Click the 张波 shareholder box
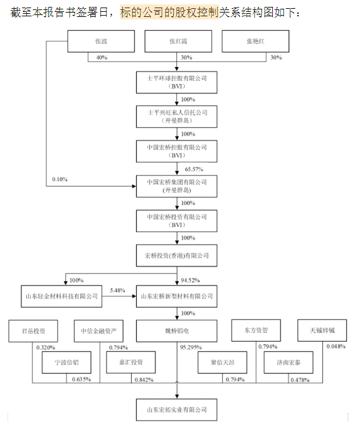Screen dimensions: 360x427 101,41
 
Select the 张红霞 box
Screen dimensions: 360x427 178,41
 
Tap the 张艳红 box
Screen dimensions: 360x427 255,41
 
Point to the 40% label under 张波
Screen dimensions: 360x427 102,58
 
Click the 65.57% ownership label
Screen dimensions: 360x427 194,169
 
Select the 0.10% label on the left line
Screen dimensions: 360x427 60,179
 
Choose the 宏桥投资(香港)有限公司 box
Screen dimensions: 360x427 177,255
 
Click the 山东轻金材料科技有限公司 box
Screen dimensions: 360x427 61,297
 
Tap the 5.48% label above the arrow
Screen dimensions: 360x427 117,290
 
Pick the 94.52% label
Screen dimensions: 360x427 190,280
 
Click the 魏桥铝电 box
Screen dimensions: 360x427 177,331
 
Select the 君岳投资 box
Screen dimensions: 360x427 33,331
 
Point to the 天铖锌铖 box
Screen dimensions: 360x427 322,330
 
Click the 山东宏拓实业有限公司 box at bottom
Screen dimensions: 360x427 177,410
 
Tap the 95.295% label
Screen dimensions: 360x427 191,347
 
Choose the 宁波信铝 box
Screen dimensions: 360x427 66,362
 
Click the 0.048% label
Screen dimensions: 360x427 336,346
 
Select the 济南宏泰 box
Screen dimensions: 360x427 289,362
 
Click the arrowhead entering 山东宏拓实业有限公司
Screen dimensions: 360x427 177,396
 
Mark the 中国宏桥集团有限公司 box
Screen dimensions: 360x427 177,186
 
